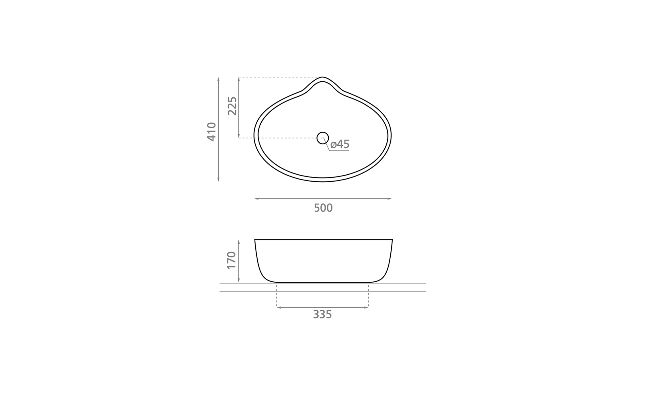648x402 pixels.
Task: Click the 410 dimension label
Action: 211,132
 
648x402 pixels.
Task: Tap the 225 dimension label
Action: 232,106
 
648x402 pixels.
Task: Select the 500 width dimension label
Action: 323,208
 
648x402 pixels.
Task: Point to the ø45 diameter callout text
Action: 340,144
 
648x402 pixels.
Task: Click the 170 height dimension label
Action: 232,260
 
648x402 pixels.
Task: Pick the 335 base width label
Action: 322,315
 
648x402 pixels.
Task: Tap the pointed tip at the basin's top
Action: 323,77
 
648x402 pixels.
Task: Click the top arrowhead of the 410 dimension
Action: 218,79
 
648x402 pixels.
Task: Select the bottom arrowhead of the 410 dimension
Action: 218,179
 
